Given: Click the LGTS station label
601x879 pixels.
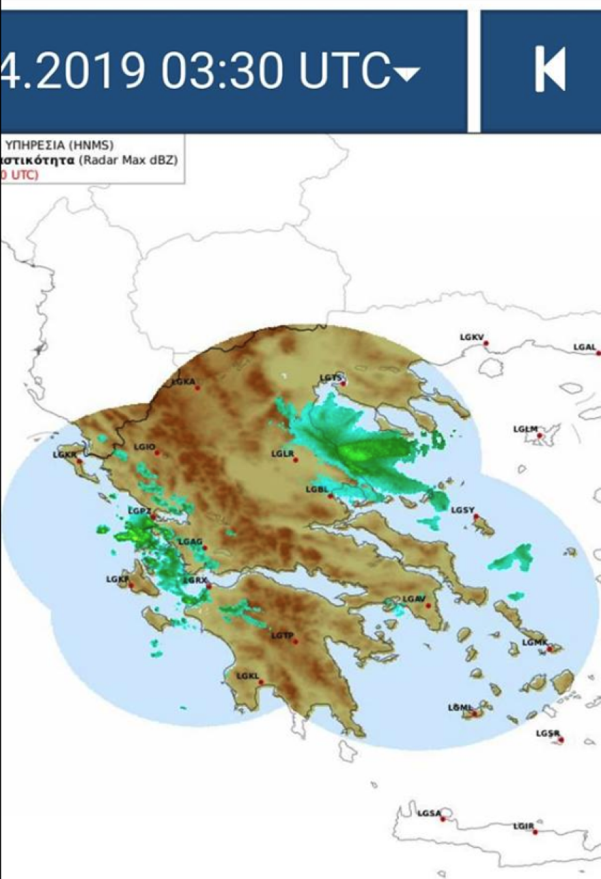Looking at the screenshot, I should (x=330, y=378).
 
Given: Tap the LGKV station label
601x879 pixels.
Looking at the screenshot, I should (x=471, y=337).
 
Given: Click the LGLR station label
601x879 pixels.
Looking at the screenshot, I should (x=281, y=454).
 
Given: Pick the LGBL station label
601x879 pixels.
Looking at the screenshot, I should (x=317, y=490).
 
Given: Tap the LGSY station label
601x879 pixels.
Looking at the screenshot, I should (x=462, y=510).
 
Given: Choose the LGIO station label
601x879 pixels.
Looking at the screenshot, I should (x=144, y=447).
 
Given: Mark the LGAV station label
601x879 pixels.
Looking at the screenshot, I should (x=413, y=599).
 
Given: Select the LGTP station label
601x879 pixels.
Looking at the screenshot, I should (x=281, y=636).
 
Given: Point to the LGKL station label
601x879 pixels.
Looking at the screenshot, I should (x=247, y=676).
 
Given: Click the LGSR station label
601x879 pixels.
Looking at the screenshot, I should (x=547, y=734).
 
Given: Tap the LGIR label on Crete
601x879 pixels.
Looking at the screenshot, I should (x=523, y=826).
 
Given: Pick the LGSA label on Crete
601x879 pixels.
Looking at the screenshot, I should (x=429, y=813).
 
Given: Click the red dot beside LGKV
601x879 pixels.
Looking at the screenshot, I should (x=486, y=343).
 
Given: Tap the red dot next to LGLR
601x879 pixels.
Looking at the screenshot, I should (x=296, y=460).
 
